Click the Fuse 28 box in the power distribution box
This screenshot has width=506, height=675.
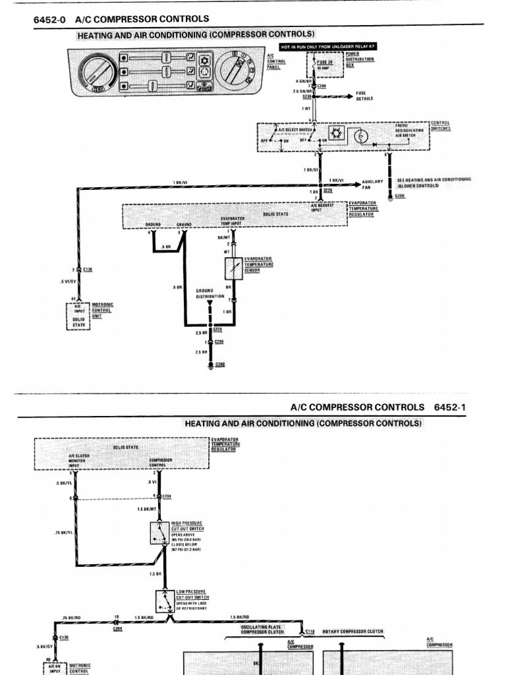(324, 64)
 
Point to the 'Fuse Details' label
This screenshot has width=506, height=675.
(364, 96)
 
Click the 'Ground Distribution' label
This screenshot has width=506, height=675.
(211, 293)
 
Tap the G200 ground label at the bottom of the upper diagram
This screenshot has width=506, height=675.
(220, 365)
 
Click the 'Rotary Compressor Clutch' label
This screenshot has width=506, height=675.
(352, 631)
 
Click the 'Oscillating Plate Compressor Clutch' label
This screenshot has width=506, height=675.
(262, 629)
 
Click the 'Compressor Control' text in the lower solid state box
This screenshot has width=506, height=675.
(160, 462)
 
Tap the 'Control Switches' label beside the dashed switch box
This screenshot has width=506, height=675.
(441, 126)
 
